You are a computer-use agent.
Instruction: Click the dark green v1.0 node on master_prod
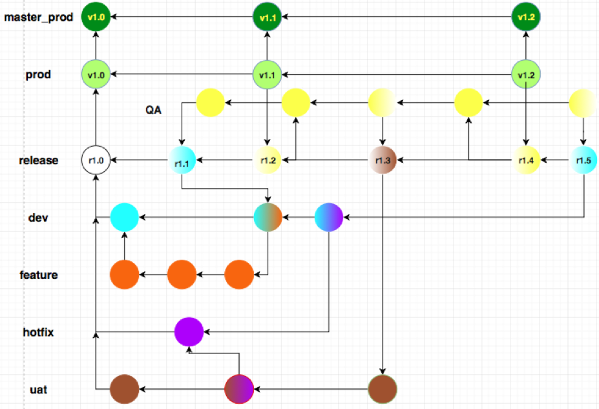96,17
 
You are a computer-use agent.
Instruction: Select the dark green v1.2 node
525,17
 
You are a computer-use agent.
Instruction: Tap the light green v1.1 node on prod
267,75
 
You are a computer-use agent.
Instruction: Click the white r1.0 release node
96,160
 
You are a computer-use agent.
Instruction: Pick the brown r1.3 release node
383,160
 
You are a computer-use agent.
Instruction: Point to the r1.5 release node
583,160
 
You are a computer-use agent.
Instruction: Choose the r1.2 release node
268,160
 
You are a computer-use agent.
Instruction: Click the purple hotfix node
189,333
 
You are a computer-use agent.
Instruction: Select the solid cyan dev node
125,217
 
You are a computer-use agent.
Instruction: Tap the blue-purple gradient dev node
329,217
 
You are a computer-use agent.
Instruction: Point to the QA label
153,110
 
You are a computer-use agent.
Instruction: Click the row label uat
38,390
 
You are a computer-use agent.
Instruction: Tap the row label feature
38,275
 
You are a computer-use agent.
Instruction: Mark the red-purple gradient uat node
238,390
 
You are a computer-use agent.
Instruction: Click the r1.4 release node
525,160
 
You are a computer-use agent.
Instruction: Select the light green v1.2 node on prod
525,75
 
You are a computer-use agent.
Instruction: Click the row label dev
37,218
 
